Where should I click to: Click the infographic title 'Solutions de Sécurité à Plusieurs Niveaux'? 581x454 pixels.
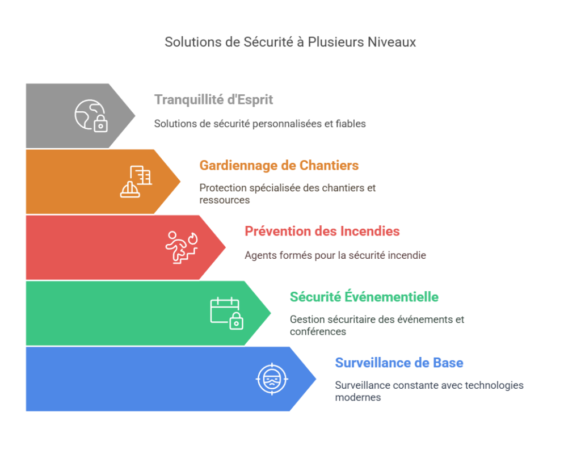(290, 42)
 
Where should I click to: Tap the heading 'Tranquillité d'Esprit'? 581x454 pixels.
(213, 100)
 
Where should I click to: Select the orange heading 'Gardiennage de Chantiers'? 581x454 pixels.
(279, 165)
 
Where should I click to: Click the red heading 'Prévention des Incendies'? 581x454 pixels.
(322, 232)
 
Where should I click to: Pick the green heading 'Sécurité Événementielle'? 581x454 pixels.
(364, 297)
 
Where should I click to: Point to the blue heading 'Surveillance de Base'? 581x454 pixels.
(399, 363)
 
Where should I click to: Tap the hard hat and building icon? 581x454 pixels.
(136, 182)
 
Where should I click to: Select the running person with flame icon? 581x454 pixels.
(182, 247)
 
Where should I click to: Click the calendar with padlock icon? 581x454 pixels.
(227, 313)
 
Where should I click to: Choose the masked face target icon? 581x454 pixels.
(272, 379)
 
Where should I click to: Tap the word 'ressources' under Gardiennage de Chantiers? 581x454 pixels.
(225, 200)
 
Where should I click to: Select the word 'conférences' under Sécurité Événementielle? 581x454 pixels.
(318, 331)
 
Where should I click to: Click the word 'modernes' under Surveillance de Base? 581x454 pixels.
(358, 398)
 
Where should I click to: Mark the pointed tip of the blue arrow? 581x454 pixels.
(315, 379)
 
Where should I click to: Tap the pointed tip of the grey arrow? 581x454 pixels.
(135, 116)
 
